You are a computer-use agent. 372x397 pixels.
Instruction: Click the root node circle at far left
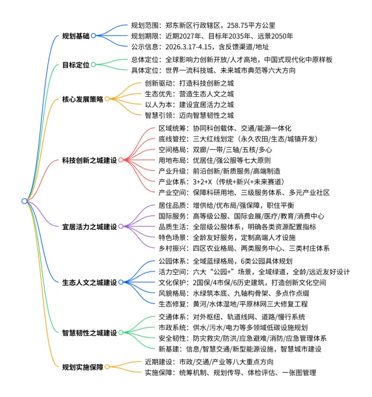24,201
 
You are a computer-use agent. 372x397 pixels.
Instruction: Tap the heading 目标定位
75,65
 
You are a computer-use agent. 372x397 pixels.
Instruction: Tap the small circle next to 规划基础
93,36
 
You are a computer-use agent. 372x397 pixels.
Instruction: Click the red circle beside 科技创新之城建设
120,160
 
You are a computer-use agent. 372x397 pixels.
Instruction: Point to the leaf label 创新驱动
159,83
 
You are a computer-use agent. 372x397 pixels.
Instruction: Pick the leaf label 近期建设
159,361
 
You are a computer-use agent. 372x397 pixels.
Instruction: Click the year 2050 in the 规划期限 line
284,37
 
